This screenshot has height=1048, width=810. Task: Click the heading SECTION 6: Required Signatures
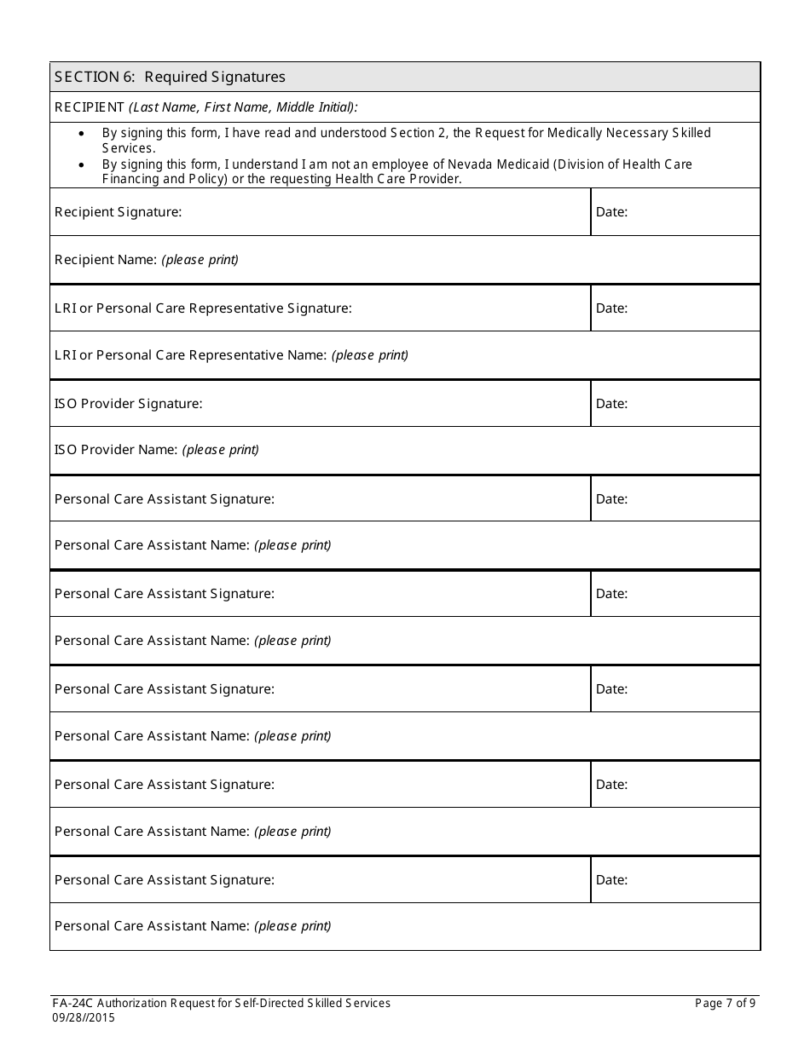[x=170, y=77]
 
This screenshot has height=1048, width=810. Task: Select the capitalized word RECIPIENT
[x=90, y=107]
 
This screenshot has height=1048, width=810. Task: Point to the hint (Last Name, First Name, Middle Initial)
[x=243, y=107]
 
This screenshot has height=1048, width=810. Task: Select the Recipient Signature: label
[x=118, y=212]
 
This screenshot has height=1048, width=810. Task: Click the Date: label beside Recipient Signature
[x=611, y=212]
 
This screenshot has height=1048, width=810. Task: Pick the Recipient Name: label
[x=106, y=260]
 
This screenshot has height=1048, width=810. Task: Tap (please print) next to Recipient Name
[x=200, y=260]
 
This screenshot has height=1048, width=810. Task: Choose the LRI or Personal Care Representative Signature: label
[x=203, y=308]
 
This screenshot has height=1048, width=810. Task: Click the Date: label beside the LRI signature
[x=611, y=308]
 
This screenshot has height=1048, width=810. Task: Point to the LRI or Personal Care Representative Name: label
[x=190, y=355]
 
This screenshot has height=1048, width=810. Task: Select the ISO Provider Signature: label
[x=129, y=404]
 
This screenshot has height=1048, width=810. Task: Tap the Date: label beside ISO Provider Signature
[x=611, y=404]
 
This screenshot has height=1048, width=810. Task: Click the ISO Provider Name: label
[x=116, y=450]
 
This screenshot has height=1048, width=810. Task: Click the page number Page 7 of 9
[x=725, y=1003]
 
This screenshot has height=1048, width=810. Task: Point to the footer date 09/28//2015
[x=84, y=1017]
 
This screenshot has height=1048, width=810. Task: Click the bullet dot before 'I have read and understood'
[x=81, y=134]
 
